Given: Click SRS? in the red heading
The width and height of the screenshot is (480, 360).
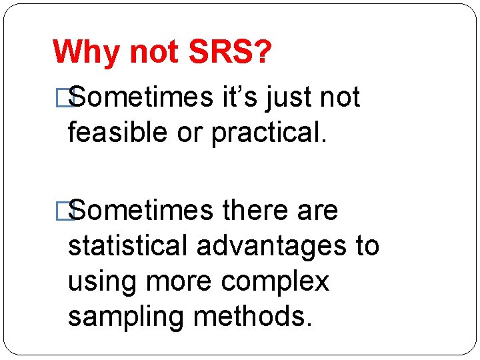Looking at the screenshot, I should click(230, 52).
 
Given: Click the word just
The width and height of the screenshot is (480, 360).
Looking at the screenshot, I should click(289, 97).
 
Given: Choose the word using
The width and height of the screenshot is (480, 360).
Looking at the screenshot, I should click(103, 281).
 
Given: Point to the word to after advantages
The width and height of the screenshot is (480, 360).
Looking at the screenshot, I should click(367, 246).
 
